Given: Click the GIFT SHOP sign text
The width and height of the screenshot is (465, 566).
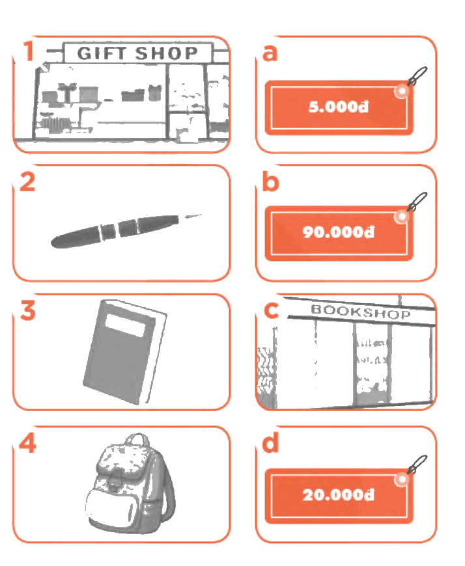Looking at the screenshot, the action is [137, 53].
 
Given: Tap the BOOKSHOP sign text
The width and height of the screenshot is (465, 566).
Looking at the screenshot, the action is [361, 311].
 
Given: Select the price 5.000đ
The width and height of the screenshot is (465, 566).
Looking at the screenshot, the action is [339, 107].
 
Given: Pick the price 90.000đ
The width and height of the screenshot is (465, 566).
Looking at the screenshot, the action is [339, 232].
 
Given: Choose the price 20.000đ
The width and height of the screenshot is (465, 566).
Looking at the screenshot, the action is [339, 494].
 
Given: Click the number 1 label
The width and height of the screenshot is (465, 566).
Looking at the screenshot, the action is [29, 51].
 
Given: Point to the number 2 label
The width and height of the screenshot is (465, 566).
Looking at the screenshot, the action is [27, 182].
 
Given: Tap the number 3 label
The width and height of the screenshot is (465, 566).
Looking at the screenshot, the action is [28, 310].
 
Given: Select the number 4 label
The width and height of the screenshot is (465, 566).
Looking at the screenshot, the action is [27, 442].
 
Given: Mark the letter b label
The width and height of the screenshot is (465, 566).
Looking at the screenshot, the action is [271, 182].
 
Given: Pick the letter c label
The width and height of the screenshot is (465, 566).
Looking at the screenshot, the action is [272, 310].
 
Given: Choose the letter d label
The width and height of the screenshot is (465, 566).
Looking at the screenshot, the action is [271, 442].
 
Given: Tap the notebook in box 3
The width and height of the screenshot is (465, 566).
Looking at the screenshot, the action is [124, 352].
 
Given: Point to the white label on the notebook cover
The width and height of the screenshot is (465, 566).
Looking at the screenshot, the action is [126, 325].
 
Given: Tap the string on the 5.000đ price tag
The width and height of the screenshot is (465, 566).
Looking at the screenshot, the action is [417, 76].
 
